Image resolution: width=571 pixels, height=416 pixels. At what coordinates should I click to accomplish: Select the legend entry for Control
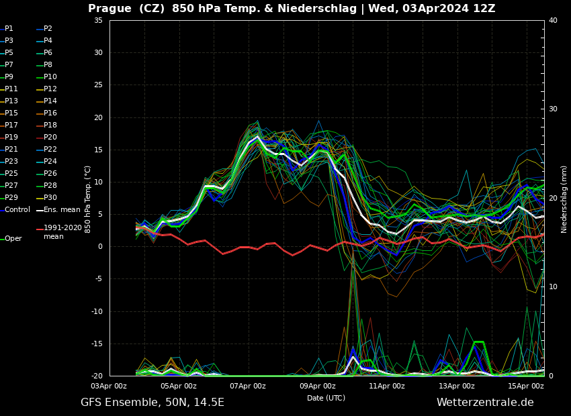click(x=17, y=210)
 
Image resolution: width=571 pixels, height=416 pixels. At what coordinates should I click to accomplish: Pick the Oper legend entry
click(x=13, y=239)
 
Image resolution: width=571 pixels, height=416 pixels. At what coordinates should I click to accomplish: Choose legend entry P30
click(x=50, y=198)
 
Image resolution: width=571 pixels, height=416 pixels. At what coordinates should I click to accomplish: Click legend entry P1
click(x=9, y=29)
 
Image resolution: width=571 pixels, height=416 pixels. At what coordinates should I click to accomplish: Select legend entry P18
click(x=50, y=125)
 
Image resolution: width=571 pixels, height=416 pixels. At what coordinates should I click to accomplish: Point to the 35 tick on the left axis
click(x=98, y=20)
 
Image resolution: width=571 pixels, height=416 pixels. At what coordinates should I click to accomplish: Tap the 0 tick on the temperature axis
click(x=100, y=247)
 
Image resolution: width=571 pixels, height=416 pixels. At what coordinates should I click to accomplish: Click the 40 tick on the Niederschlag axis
click(x=553, y=20)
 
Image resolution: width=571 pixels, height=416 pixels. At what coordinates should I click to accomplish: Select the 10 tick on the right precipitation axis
click(x=553, y=287)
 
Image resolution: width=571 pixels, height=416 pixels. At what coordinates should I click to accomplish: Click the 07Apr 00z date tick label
click(x=248, y=386)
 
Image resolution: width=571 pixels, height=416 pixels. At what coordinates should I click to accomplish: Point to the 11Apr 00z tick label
click(x=387, y=386)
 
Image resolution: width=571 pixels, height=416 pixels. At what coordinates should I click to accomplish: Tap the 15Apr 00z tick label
click(x=526, y=386)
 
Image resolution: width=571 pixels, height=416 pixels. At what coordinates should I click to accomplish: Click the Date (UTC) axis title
click(x=326, y=398)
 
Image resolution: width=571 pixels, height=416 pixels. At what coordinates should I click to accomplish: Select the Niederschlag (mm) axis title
click(x=564, y=199)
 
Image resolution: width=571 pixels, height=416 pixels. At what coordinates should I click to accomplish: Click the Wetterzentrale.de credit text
click(x=485, y=403)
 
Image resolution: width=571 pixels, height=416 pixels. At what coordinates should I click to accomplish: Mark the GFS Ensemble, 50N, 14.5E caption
click(x=152, y=403)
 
